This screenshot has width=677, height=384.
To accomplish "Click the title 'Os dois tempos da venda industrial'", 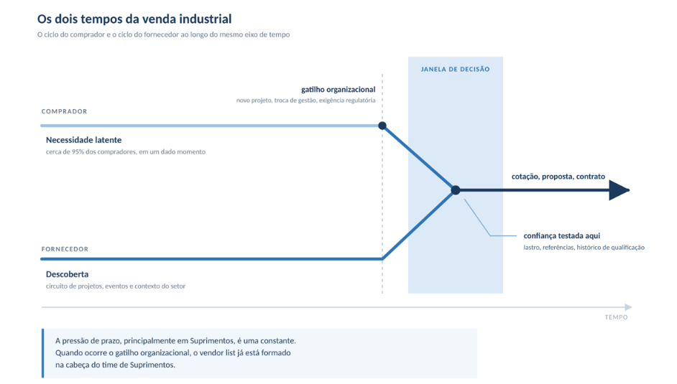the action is click(134, 19).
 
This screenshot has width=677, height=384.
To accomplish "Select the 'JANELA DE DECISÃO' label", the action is click(456, 69).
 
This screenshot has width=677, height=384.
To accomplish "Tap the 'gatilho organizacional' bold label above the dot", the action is click(338, 90).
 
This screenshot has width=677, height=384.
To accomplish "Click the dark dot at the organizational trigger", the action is click(382, 126).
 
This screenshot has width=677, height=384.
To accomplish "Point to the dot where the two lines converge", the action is click(456, 190).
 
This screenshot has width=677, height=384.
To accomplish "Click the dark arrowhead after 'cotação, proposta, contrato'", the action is click(619, 190).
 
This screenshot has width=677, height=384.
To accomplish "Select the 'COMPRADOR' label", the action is click(65, 111).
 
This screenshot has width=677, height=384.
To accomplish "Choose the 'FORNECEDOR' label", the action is click(65, 249).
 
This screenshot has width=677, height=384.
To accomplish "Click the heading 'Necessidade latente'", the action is click(84, 140).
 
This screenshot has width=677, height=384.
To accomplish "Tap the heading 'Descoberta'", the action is click(67, 274).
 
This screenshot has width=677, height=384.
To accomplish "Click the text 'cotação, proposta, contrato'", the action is click(558, 177).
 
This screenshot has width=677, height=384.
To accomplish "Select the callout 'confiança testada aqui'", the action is click(562, 235).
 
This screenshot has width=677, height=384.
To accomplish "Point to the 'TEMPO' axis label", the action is click(616, 317).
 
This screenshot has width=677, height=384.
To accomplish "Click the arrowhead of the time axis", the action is click(628, 307).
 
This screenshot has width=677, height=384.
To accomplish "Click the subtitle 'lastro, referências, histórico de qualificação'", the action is click(584, 248).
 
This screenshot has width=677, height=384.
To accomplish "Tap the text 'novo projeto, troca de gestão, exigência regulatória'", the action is click(305, 100).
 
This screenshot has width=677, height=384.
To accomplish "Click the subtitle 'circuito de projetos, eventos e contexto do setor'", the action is click(116, 286).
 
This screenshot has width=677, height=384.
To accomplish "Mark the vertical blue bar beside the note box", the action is click(42, 353).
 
